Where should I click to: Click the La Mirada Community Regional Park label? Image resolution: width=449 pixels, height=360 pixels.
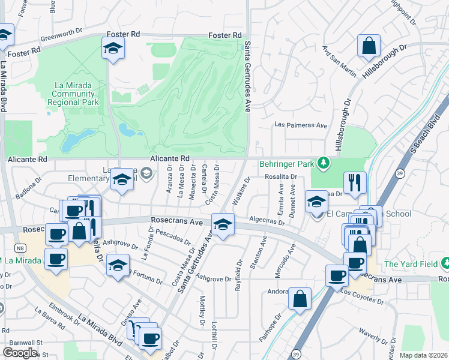[x=73, y=94]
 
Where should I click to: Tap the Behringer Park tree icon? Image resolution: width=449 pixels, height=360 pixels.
[x=324, y=163]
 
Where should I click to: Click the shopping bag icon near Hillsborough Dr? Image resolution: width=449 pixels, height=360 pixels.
[x=369, y=46]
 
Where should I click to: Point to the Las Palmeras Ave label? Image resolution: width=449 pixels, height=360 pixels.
[x=300, y=125]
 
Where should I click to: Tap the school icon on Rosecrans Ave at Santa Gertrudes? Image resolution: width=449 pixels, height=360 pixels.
[x=223, y=226]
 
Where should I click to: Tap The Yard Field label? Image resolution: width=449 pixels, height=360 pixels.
[x=412, y=264]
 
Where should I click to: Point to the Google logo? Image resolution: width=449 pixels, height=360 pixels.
[x=19, y=353]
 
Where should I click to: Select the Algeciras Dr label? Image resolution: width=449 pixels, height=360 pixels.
[x=266, y=221]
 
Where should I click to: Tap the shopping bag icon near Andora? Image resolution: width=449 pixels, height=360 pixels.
[x=300, y=298]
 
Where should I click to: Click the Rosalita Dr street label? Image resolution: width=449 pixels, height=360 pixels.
[x=282, y=176]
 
